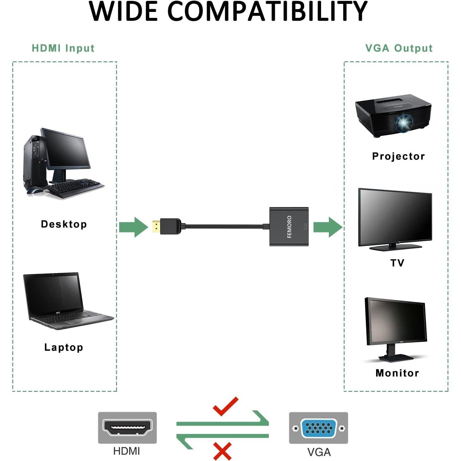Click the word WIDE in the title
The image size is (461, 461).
123,12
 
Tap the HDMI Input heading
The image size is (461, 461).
63,48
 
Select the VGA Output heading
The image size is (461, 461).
399,48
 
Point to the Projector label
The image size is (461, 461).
398,156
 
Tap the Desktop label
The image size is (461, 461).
64,224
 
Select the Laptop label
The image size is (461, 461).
64,347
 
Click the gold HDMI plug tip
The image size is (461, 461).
156,226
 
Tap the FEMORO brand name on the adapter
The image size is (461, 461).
289,227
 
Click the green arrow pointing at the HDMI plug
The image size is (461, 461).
134,227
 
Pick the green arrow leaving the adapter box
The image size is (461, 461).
328,227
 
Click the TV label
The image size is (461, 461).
397,263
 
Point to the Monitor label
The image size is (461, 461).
397,373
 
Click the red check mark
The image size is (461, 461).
225,407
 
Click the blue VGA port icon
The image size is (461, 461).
319,428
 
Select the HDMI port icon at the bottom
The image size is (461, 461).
127,427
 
